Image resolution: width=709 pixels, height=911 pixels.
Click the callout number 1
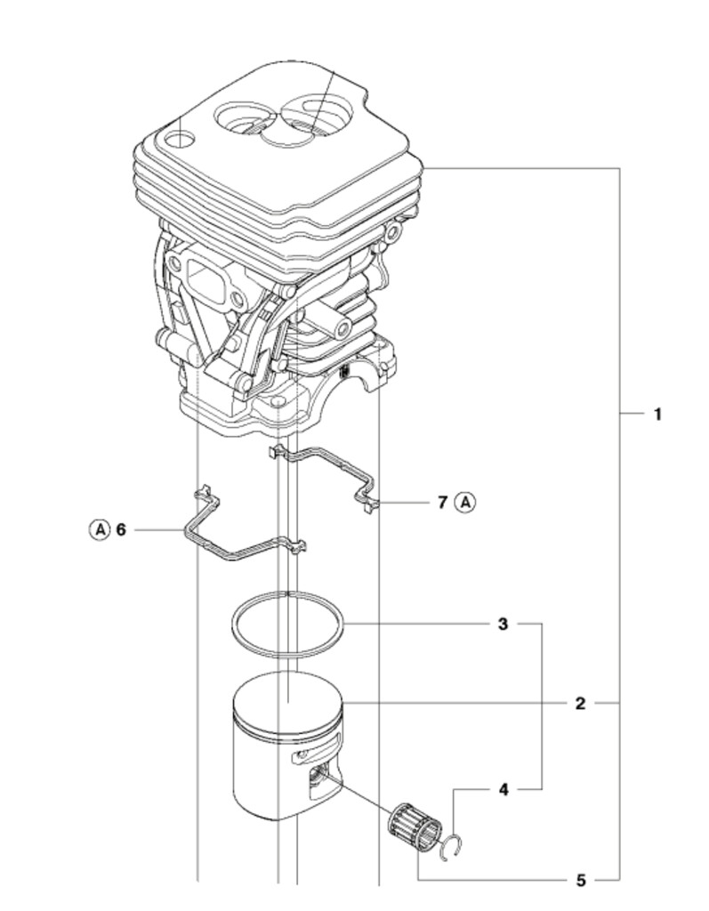tap(657, 414)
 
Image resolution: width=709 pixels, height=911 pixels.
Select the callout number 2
tap(580, 704)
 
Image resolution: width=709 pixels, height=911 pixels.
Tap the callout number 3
tap(503, 625)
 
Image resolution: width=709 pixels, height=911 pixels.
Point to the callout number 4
tap(504, 789)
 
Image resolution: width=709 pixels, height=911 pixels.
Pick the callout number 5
tap(580, 881)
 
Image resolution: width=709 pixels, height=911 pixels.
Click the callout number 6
tap(122, 529)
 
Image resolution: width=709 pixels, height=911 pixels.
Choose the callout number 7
tap(442, 502)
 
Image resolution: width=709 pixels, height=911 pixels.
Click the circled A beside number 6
tap(99, 529)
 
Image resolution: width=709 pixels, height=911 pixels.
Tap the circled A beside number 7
tap(465, 502)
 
